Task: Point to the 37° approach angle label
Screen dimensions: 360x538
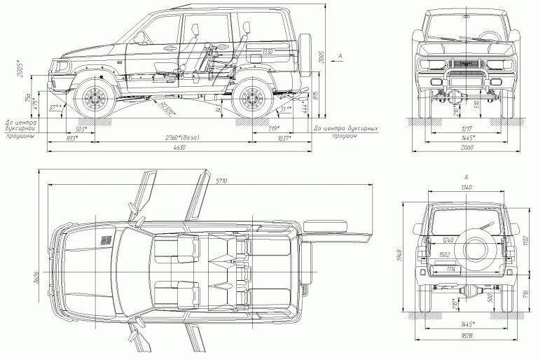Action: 55,108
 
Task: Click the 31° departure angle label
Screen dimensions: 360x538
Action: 284,110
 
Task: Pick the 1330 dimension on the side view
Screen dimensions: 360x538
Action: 267,53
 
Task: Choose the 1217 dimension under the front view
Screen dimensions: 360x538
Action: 464,130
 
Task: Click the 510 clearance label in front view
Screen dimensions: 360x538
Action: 478,107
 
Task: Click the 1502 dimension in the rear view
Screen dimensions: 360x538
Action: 445,254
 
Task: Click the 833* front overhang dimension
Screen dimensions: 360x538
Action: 71,139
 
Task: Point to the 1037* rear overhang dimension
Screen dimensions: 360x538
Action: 284,139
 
